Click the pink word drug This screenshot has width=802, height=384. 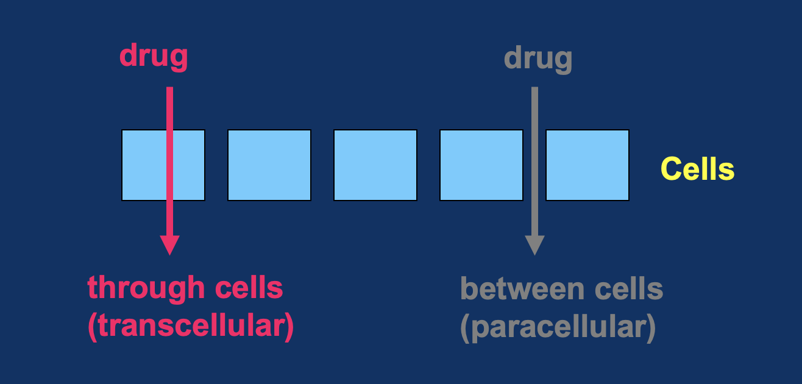coord(154,56)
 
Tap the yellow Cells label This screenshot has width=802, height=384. coord(697,169)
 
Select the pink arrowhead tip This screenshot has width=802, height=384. coord(169,252)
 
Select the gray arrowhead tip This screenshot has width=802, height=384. coord(534,252)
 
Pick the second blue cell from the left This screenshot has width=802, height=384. coord(269,165)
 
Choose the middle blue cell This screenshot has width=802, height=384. coord(375,165)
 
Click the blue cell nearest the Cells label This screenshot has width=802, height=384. coord(587,165)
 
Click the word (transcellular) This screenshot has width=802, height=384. coord(191,327)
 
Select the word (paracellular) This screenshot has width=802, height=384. coord(558,328)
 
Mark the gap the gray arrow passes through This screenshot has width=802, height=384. coord(534,165)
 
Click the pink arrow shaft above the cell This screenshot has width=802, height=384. coord(169,108)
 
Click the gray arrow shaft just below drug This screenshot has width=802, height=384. coord(534,98)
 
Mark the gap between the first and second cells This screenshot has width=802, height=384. coord(216,165)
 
